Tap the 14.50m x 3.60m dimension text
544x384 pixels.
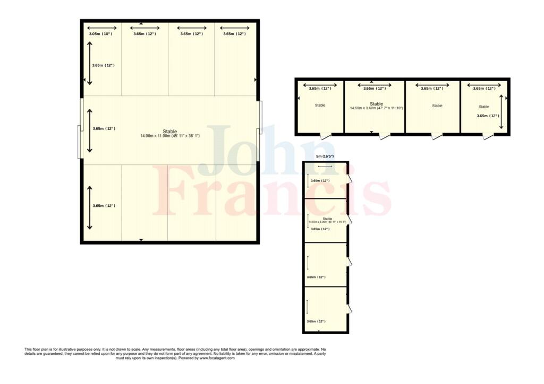(376, 108)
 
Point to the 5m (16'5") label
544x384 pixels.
(325, 156)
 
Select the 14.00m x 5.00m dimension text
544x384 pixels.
(327, 222)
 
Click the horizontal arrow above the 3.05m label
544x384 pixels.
(102, 28)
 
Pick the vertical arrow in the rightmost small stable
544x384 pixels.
(502, 111)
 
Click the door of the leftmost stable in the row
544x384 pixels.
(325, 136)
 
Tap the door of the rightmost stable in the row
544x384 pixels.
(487, 136)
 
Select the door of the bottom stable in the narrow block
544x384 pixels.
(349, 309)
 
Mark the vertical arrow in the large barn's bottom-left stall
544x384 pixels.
(89, 207)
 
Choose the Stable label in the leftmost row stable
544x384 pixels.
(320, 106)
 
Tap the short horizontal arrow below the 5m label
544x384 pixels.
(325, 167)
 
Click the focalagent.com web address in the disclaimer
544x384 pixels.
(217, 359)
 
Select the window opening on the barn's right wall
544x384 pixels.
(259, 118)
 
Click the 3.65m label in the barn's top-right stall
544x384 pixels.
(234, 34)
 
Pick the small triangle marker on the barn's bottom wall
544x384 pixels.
(141, 240)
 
